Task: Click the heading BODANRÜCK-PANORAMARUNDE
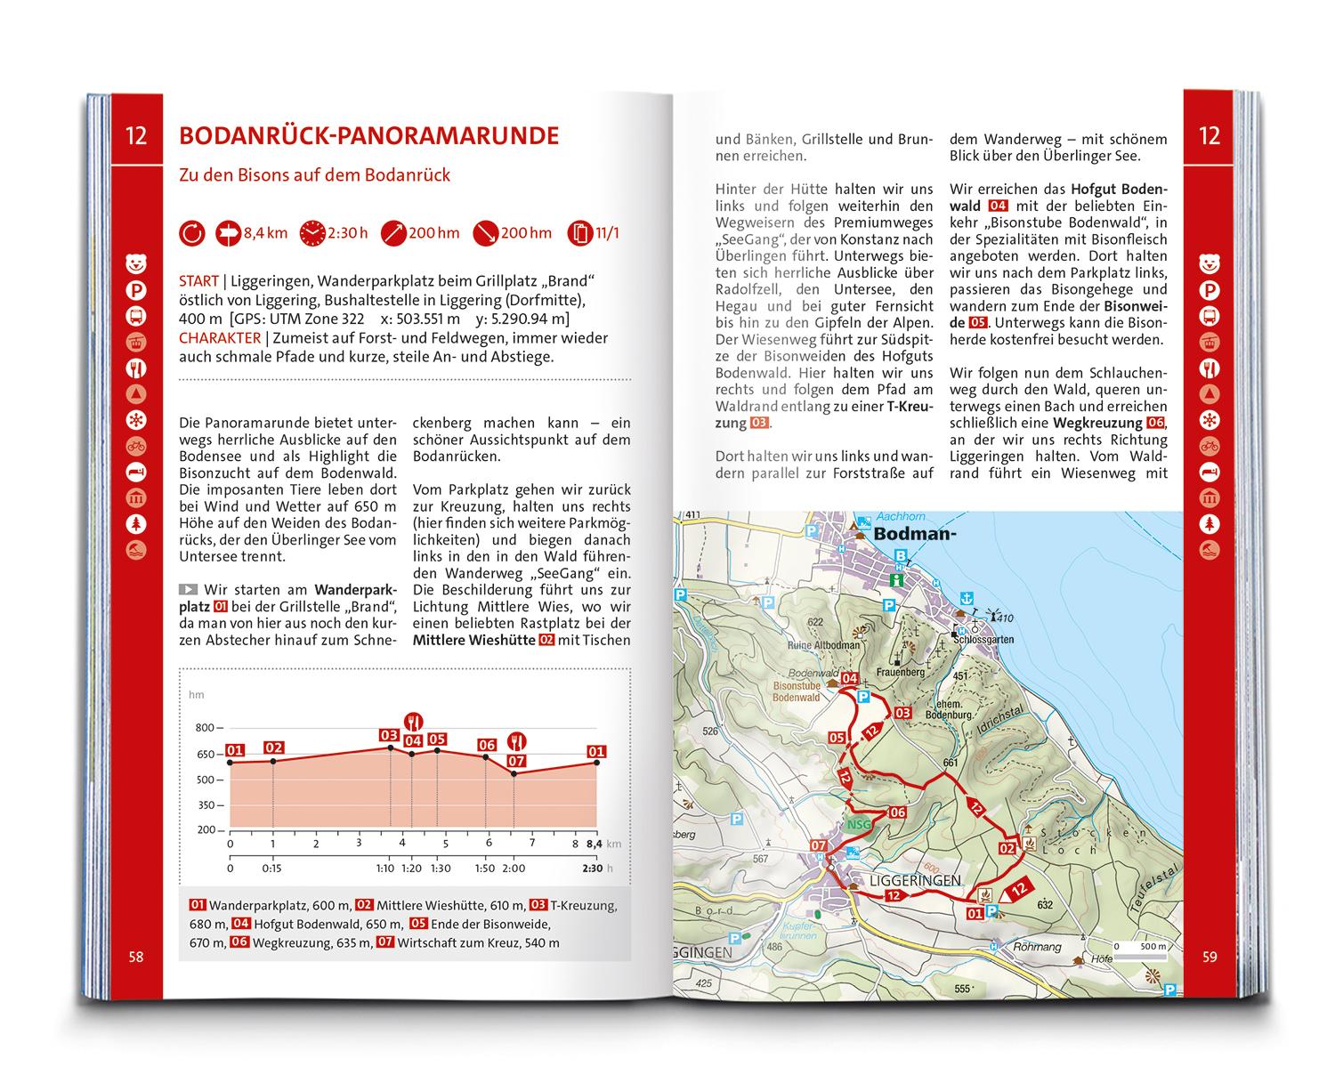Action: pos(368,136)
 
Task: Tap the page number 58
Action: pos(136,958)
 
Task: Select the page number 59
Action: pos(1210,958)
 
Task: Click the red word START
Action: pos(198,281)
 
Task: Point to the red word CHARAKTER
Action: pos(220,338)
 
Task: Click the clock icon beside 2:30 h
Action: pos(313,233)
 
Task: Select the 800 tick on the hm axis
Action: pos(205,728)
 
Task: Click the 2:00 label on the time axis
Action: pos(514,869)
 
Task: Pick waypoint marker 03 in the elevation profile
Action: pos(388,735)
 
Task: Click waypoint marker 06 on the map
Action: pos(896,812)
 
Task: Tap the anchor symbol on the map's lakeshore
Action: pos(967,597)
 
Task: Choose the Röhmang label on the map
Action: pos(1037,948)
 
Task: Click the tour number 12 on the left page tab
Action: pos(136,136)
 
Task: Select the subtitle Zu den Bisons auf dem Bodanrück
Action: pos(314,175)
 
